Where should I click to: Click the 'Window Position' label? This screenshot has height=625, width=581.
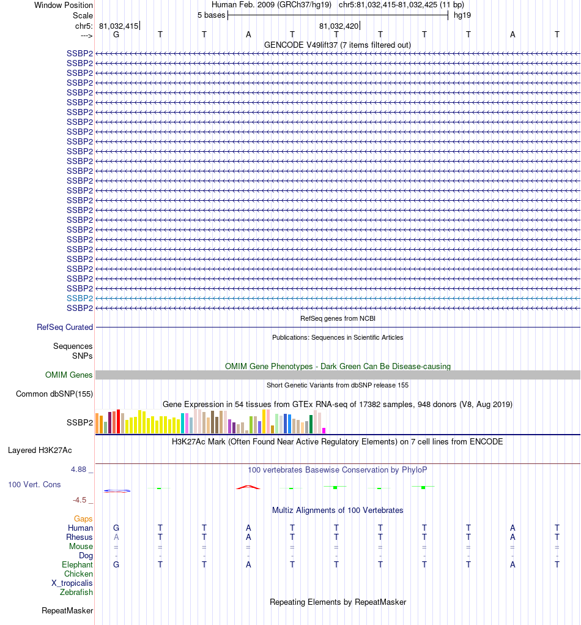[x=64, y=6]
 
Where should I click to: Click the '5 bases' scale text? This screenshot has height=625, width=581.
[x=211, y=15]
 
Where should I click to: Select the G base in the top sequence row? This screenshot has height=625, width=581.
[x=116, y=34]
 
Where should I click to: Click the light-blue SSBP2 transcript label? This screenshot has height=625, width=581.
[x=80, y=298]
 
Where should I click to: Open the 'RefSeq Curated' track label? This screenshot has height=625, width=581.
[x=65, y=327]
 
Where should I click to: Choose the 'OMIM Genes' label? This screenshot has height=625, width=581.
[x=69, y=375]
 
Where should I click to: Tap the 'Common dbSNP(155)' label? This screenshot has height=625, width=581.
[x=54, y=394]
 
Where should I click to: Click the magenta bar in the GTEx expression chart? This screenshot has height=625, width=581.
[x=324, y=430]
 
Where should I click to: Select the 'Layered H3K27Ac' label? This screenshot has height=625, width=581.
[x=40, y=451]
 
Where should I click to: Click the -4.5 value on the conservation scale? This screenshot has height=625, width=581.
[x=81, y=500]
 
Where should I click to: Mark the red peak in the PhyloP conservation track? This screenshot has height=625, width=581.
[x=248, y=487]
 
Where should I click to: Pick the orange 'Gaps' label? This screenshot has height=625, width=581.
[x=83, y=519]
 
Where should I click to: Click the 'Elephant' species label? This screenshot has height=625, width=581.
[x=77, y=565]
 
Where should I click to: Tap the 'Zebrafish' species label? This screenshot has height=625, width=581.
[x=76, y=593]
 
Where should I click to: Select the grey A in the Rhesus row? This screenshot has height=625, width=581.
[x=116, y=537]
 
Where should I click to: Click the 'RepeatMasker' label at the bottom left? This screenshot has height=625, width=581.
[x=67, y=611]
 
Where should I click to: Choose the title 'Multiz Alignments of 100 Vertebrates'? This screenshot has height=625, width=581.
[x=338, y=511]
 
